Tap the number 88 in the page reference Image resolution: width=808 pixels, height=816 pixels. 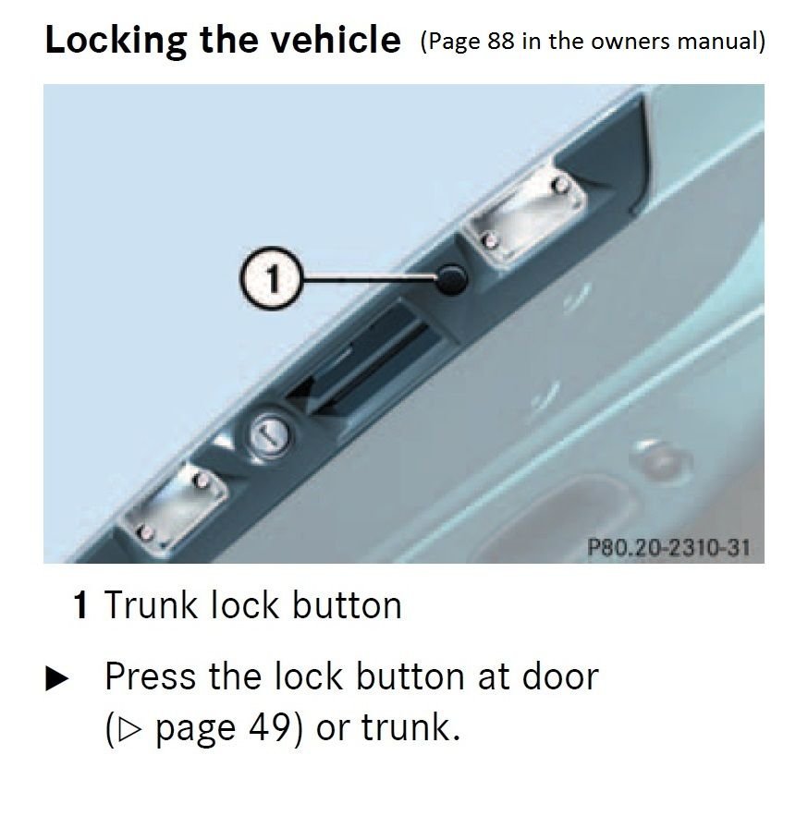(x=503, y=43)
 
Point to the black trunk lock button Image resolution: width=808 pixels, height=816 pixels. (x=453, y=277)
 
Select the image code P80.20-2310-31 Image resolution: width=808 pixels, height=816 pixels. (x=668, y=547)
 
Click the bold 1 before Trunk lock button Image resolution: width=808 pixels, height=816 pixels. (x=81, y=606)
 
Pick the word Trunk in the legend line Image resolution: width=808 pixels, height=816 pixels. (x=152, y=606)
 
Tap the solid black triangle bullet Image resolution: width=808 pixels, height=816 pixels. (x=56, y=680)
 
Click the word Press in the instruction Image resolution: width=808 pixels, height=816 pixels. (x=151, y=676)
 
